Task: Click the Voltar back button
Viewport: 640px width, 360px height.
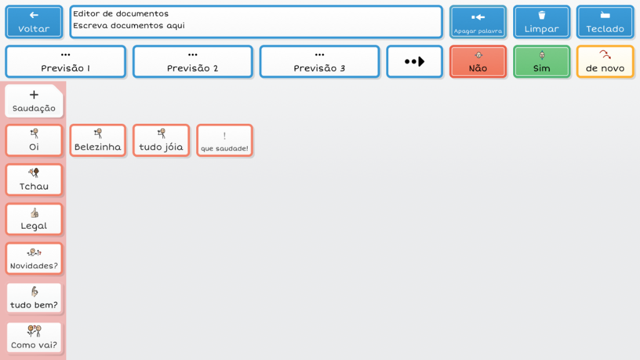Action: coord(34,22)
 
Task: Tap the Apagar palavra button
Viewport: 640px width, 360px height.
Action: coord(478,22)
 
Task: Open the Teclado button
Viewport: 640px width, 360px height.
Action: coord(605,22)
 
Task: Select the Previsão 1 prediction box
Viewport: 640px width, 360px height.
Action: coord(65,62)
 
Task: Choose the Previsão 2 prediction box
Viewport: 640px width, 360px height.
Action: coord(192,62)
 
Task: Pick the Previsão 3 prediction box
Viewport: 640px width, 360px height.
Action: coord(319,62)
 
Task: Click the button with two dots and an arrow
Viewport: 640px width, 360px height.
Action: coord(415,62)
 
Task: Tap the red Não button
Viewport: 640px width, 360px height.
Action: coord(478,62)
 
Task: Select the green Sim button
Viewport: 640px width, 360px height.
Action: coord(542,62)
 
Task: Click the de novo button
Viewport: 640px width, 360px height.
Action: coord(605,62)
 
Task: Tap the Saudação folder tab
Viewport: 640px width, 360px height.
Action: coord(34,101)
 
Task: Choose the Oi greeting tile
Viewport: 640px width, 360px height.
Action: coord(34,141)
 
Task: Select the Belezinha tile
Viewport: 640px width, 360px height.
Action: coord(97,141)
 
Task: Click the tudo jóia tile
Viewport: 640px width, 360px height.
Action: coord(161,141)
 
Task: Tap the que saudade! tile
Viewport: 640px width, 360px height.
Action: coord(224,141)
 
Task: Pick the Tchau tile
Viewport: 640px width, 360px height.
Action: coord(34,180)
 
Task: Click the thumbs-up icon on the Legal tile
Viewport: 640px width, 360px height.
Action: coord(34,213)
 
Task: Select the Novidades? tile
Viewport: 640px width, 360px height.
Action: coord(34,259)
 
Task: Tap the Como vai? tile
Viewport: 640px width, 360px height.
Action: coord(34,337)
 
